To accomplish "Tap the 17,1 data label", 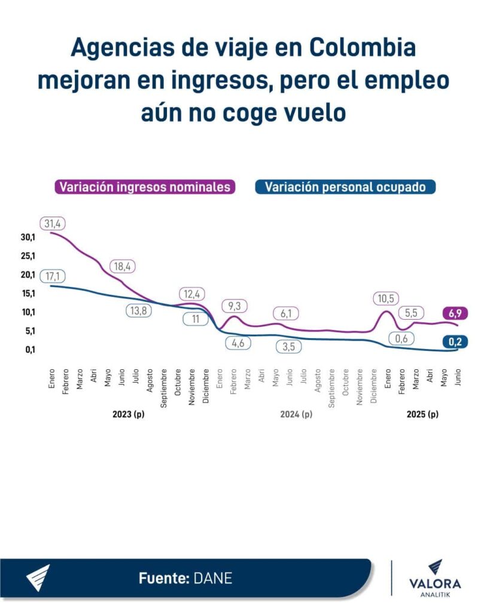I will click(53, 276).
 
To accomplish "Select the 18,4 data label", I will click(123, 267).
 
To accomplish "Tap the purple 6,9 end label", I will click(455, 313).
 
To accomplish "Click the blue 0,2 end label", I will click(455, 342).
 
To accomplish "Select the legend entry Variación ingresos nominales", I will click(144, 187).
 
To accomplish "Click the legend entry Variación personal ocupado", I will click(345, 187).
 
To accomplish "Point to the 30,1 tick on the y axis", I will click(28, 237).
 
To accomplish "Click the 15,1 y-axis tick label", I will click(28, 293).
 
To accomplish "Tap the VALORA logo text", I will click(435, 583).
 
